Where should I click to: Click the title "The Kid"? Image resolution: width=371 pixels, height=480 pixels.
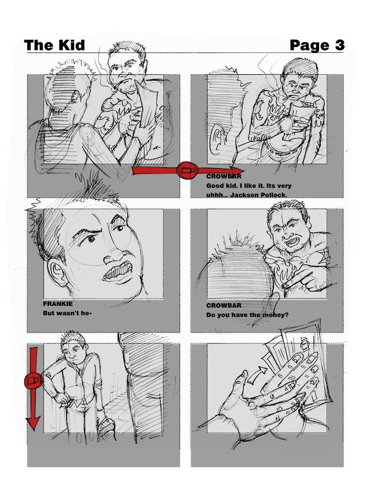[55, 45]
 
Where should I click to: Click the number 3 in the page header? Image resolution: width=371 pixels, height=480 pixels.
[340, 45]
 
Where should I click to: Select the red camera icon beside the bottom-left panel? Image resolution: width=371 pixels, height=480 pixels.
[33, 381]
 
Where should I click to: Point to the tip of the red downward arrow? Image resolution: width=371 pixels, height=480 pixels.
[33, 431]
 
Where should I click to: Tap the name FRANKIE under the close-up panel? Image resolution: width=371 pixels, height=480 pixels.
[58, 304]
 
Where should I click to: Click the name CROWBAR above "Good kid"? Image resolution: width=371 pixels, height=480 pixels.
[224, 176]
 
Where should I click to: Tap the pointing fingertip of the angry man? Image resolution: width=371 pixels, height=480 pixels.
[285, 286]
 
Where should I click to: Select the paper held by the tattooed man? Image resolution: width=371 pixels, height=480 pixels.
[302, 117]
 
